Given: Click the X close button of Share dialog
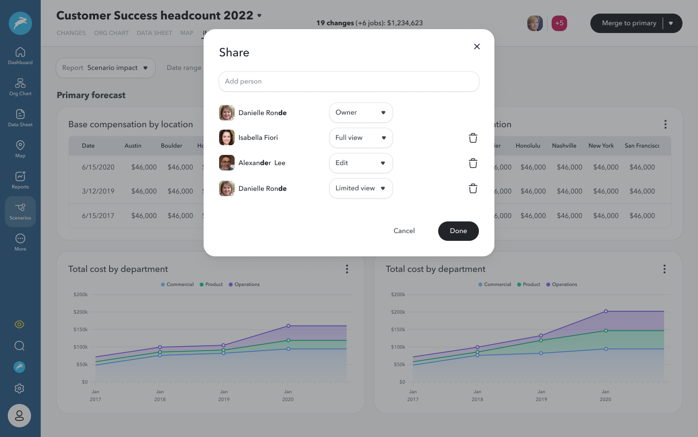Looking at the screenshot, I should [x=477, y=47].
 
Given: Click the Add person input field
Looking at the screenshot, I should [x=349, y=82].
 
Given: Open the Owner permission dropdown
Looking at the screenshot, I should [x=361, y=113].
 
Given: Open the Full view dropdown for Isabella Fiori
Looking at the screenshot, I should [x=361, y=138].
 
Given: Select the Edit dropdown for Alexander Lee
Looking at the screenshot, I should [x=361, y=163].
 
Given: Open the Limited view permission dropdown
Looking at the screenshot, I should [x=361, y=188].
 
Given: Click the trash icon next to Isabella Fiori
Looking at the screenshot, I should [x=473, y=138].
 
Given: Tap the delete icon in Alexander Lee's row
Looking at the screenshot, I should [x=473, y=163].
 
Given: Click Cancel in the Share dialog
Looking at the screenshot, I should [x=404, y=231].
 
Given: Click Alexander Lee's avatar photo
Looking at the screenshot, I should [x=227, y=163].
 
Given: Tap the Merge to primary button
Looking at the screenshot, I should [x=629, y=23].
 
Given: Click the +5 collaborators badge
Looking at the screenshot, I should [x=559, y=23].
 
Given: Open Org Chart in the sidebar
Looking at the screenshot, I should [x=20, y=87].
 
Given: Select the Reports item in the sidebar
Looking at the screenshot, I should [x=20, y=180].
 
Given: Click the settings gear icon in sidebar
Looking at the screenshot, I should [x=19, y=388].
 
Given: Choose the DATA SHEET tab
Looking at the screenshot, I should [x=154, y=33].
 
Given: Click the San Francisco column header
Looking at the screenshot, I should [x=642, y=146].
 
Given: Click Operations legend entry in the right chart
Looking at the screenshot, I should [x=562, y=285].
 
